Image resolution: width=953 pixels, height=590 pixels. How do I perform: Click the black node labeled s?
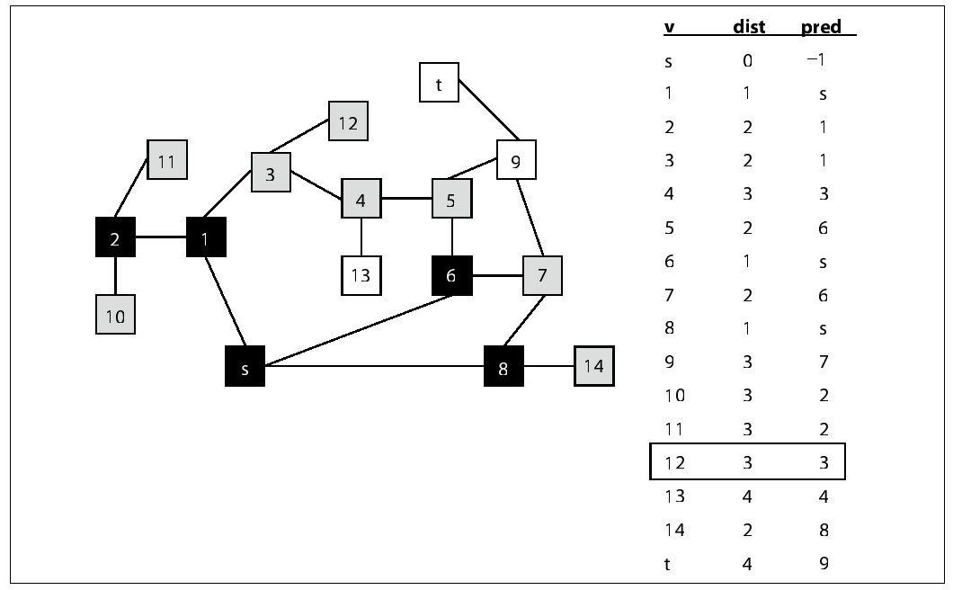click(x=245, y=366)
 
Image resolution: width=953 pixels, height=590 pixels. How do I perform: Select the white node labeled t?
click(x=439, y=83)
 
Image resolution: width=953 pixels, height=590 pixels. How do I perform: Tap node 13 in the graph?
click(x=361, y=276)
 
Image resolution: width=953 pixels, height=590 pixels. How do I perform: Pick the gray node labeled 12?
click(x=348, y=121)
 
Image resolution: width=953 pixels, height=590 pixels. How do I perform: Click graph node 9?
click(x=515, y=161)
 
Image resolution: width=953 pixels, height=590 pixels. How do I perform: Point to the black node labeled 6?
click(x=451, y=276)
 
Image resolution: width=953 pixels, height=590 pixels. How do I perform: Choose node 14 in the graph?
click(x=594, y=366)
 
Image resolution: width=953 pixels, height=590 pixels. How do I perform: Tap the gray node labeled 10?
click(x=116, y=315)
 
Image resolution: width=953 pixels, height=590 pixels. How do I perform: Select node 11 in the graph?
click(x=167, y=161)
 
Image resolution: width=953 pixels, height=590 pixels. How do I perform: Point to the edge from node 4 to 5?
click(x=406, y=199)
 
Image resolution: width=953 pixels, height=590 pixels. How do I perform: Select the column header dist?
click(x=749, y=27)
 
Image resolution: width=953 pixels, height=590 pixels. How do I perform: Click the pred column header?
click(x=821, y=27)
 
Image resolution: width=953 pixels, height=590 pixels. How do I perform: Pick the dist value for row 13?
click(x=748, y=496)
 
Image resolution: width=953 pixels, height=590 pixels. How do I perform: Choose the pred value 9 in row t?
click(x=824, y=563)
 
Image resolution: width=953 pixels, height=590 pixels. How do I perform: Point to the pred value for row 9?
click(x=824, y=362)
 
